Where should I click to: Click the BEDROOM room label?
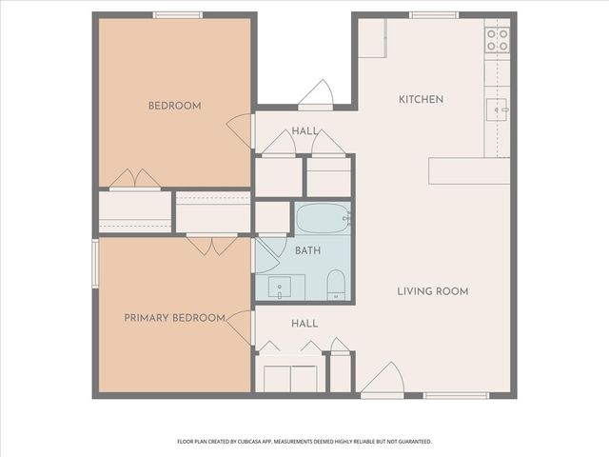coord(174,106)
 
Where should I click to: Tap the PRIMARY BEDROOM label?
coord(174,318)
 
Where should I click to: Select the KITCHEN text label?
coord(421,99)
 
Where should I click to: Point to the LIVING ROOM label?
coord(433,291)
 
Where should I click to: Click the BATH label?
coord(307,251)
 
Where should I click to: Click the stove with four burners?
coord(497,39)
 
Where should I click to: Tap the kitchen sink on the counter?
coord(497,110)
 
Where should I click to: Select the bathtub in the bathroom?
coord(323,220)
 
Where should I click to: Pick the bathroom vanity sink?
coord(281,285)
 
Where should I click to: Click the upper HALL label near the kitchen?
coord(304,131)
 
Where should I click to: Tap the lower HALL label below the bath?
coord(304,324)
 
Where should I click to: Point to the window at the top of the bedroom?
coord(178,14)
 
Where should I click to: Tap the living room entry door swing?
coord(384,381)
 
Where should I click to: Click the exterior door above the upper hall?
coord(315,95)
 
